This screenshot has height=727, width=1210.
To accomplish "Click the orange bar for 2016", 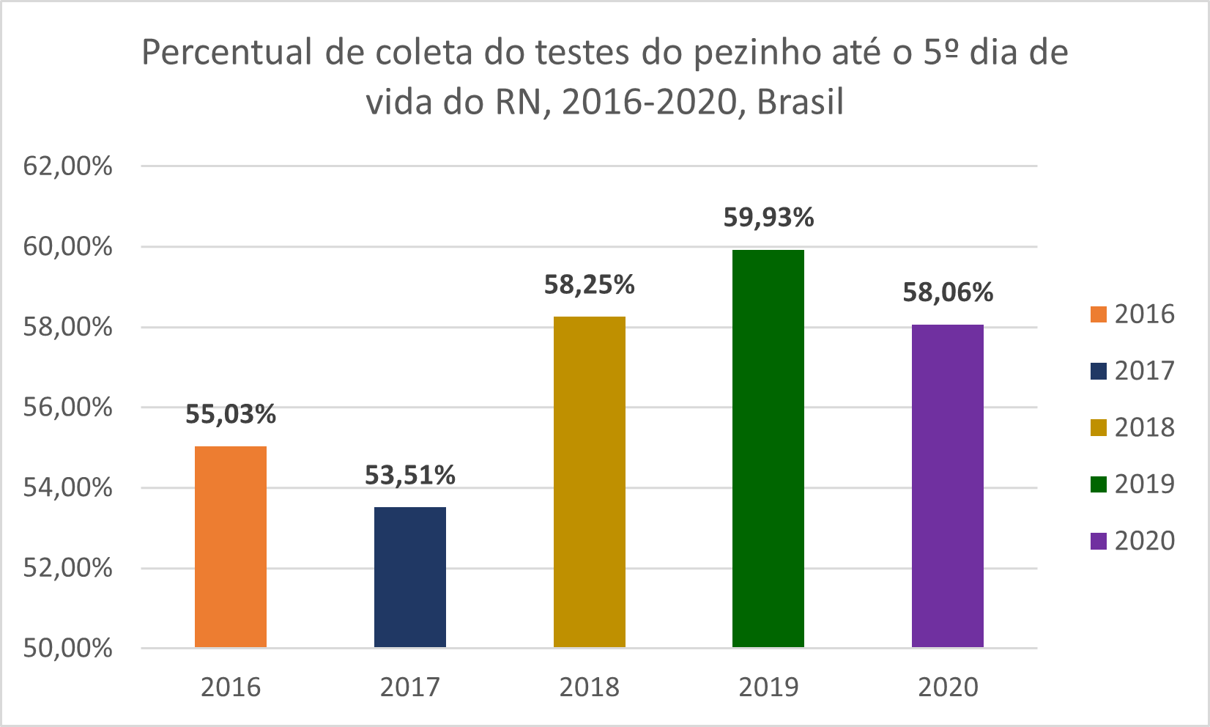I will tap(231, 547).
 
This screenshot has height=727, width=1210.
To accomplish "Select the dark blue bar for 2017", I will tap(410, 577).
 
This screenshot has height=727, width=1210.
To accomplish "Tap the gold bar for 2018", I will tap(590, 481).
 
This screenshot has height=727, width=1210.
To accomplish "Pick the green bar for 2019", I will tap(768, 449).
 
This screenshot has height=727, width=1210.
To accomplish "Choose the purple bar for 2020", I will tap(948, 486).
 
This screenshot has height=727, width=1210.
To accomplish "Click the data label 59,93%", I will tap(768, 218).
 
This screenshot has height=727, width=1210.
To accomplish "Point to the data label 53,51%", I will tap(410, 476).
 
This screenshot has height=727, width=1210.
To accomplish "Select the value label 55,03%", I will tap(231, 414).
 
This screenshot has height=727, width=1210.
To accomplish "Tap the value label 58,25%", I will tap(590, 284).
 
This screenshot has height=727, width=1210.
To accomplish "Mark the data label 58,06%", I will tap(948, 292).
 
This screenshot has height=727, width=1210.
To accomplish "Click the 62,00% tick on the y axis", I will tap(68, 166).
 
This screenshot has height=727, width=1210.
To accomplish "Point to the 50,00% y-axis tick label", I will tap(68, 648).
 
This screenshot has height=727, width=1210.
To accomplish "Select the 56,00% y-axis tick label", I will tap(68, 407).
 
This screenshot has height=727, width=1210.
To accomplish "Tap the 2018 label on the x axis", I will tap(590, 687).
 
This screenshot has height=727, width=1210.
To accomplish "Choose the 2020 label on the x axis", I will tap(948, 687).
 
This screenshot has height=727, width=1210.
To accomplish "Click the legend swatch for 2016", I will tap(1098, 314).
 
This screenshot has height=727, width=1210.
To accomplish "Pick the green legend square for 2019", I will tap(1098, 484).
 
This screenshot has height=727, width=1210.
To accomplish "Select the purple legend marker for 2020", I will tap(1098, 541).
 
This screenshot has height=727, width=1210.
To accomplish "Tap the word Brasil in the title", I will tap(800, 102).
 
